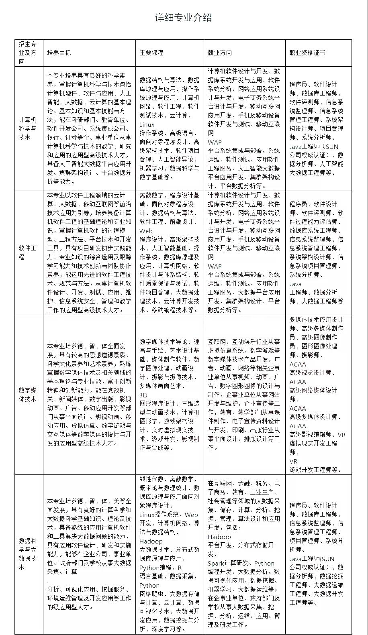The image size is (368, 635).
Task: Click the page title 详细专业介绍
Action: (x=184, y=18)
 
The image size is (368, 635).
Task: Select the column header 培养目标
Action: (x=59, y=53)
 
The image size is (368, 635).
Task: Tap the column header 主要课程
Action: (x=151, y=53)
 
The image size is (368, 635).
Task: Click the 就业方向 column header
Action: (x=220, y=53)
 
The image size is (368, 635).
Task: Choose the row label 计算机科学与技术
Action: (x=28, y=128)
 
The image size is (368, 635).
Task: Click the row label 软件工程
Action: (x=28, y=252)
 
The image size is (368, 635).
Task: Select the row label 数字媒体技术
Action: (x=28, y=394)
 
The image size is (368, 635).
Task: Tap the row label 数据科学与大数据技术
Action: (x=28, y=554)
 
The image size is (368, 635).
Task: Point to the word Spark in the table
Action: (x=216, y=563)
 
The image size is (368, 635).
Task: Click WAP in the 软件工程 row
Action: (x=215, y=266)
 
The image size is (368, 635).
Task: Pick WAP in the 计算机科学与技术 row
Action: (x=215, y=142)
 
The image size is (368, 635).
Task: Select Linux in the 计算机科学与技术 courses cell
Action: (x=147, y=124)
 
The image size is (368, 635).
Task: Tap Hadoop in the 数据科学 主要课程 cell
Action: (x=151, y=541)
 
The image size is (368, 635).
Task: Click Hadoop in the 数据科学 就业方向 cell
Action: (x=219, y=537)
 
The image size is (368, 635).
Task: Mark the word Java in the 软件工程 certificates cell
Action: (x=295, y=284)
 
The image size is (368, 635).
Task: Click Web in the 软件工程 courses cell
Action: (x=146, y=231)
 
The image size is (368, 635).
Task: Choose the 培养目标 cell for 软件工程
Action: (x=89, y=252)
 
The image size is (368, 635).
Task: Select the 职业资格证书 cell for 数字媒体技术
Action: (x=318, y=394)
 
